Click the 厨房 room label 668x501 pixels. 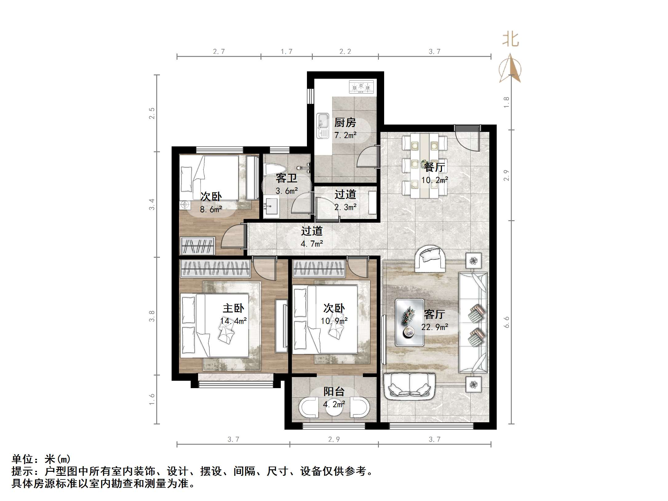click(345, 123)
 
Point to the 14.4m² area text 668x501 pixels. click(233, 321)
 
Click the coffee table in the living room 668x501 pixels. click(409, 322)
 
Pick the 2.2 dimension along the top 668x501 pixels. click(345, 52)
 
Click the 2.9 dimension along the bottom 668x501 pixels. click(334, 439)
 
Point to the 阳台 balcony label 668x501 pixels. click(334, 392)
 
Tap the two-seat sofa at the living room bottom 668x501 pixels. click(409, 386)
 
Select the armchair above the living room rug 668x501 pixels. click(430, 259)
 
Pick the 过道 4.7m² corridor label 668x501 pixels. click(312, 237)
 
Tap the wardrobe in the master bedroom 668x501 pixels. click(215, 268)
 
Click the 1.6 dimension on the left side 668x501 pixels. click(152, 399)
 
